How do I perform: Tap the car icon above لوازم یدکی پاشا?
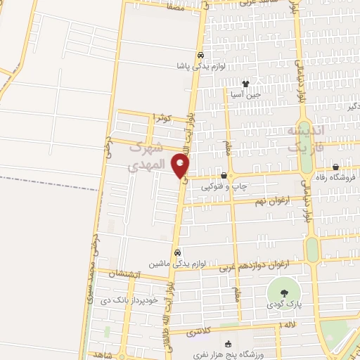[200, 55]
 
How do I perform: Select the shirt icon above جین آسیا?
[245, 84]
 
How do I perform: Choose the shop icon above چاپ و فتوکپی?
[224, 176]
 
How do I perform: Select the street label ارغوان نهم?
[269, 202]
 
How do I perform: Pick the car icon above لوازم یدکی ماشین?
[177, 252]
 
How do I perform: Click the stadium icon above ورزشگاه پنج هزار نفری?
[227, 344]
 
